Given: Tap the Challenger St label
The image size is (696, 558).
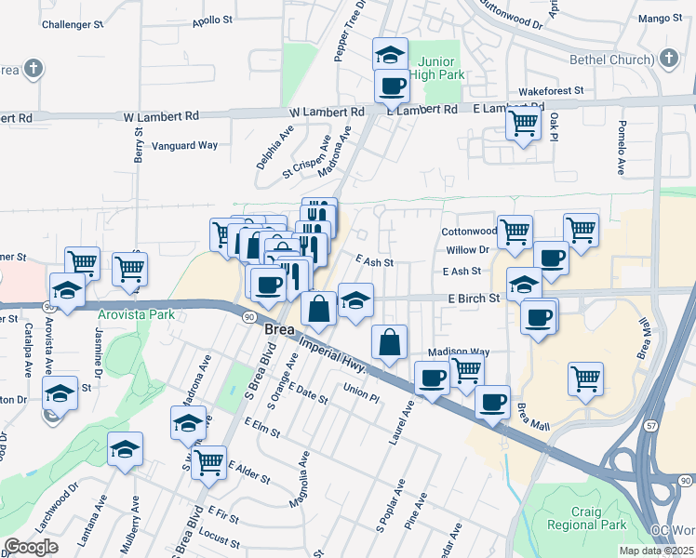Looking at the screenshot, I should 73,25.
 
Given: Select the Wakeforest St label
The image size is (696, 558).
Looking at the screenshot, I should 550,91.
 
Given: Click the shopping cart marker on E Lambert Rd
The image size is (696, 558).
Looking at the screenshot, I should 524,121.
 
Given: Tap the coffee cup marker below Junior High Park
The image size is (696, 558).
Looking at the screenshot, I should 392,86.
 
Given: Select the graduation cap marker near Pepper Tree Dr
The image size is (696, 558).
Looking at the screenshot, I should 390,54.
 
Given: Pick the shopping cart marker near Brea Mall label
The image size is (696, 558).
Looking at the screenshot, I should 585,378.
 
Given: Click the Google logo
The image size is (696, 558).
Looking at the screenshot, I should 32,548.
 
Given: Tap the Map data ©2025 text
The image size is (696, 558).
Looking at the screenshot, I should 656,551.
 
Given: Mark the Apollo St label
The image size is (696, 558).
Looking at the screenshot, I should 213,20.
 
